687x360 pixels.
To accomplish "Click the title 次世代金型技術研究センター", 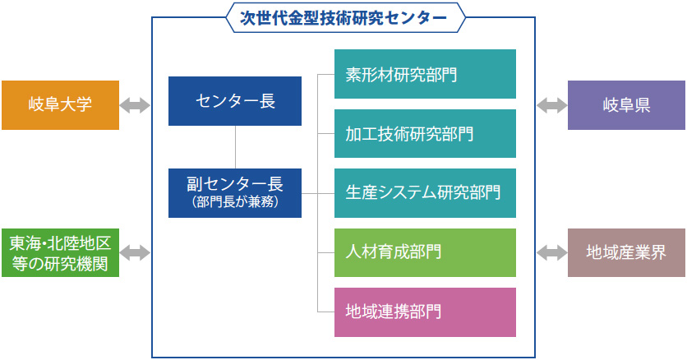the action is coord(343,18).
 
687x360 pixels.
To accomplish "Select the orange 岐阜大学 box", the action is coord(61,105).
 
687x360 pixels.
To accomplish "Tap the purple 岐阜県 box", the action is coord(626,105).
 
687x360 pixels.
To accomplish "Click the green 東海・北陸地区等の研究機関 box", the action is coord(61,252).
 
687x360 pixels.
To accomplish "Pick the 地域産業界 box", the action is coord(626,252).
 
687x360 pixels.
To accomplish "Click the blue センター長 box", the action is coord(235,101).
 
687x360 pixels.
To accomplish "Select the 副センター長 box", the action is coord(235,193).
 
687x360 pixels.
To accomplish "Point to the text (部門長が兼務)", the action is coord(235,202).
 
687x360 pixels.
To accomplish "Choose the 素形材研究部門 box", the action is coord(425,74).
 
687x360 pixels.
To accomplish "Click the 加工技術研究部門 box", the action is coord(425,134).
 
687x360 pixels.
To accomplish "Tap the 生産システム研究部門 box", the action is coord(425,193).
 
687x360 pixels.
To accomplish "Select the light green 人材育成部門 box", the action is coord(425,252).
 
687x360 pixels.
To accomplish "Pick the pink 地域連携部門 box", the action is coord(425,312).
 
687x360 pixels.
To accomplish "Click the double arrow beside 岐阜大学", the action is coord(135,105).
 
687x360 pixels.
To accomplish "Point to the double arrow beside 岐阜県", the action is coord(552,105).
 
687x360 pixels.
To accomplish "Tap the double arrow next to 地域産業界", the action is coord(552,252).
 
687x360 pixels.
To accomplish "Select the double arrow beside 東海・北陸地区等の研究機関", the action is coord(135,252).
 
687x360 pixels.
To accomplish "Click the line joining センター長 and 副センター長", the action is coord(235,147).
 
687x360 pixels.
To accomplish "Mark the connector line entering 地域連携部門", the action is coord(326,312).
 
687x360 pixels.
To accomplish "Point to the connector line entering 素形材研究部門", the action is coord(326,75).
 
